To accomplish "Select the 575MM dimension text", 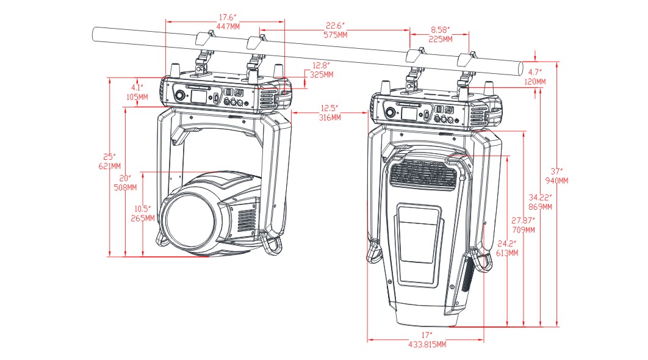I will pos(335,35).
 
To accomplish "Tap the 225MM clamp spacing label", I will pos(440,39).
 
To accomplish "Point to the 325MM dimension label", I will pos(322,74).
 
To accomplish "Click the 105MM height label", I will pos(137,97).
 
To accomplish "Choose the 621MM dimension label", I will pos(109,165).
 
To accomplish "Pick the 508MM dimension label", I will pos(124,187).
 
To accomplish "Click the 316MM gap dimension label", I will pos(330,117).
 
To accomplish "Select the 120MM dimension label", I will pos(535,81).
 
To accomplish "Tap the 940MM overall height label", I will pos(556,181).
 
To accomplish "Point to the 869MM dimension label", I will pos(541,207).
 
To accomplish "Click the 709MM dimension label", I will pos(524,230).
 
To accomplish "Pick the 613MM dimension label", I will pos(507,252).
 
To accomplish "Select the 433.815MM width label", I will pos(426,345).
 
